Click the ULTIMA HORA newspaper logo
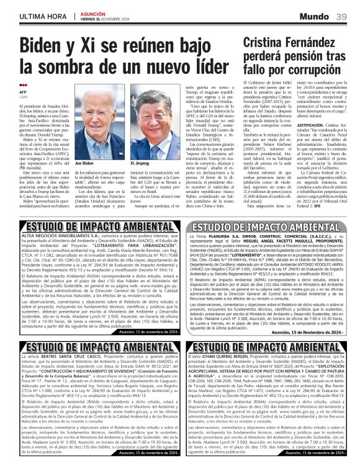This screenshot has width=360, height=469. point(38,16)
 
